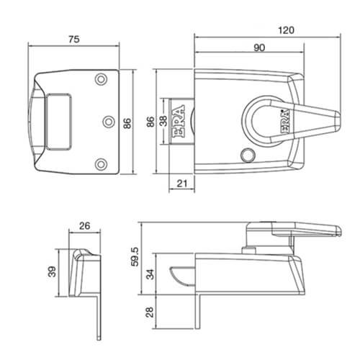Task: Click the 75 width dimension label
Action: [x=74, y=40]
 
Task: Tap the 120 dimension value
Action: [x=286, y=30]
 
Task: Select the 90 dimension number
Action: [x=259, y=48]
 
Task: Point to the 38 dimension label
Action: [x=163, y=121]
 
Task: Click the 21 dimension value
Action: [x=181, y=184]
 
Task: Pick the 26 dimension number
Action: [x=84, y=226]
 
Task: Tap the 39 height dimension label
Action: [x=52, y=272]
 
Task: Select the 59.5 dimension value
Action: [x=135, y=257]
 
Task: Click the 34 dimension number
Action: [x=150, y=274]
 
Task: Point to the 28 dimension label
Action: [x=149, y=312]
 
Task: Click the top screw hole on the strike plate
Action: [x=101, y=79]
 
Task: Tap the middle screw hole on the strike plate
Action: [x=109, y=122]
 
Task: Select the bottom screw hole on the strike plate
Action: [x=101, y=164]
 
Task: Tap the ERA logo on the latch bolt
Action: [x=179, y=121]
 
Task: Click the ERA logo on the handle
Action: [x=286, y=121]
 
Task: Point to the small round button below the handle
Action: [x=248, y=156]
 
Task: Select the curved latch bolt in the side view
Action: [x=183, y=276]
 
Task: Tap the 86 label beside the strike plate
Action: [x=127, y=123]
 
